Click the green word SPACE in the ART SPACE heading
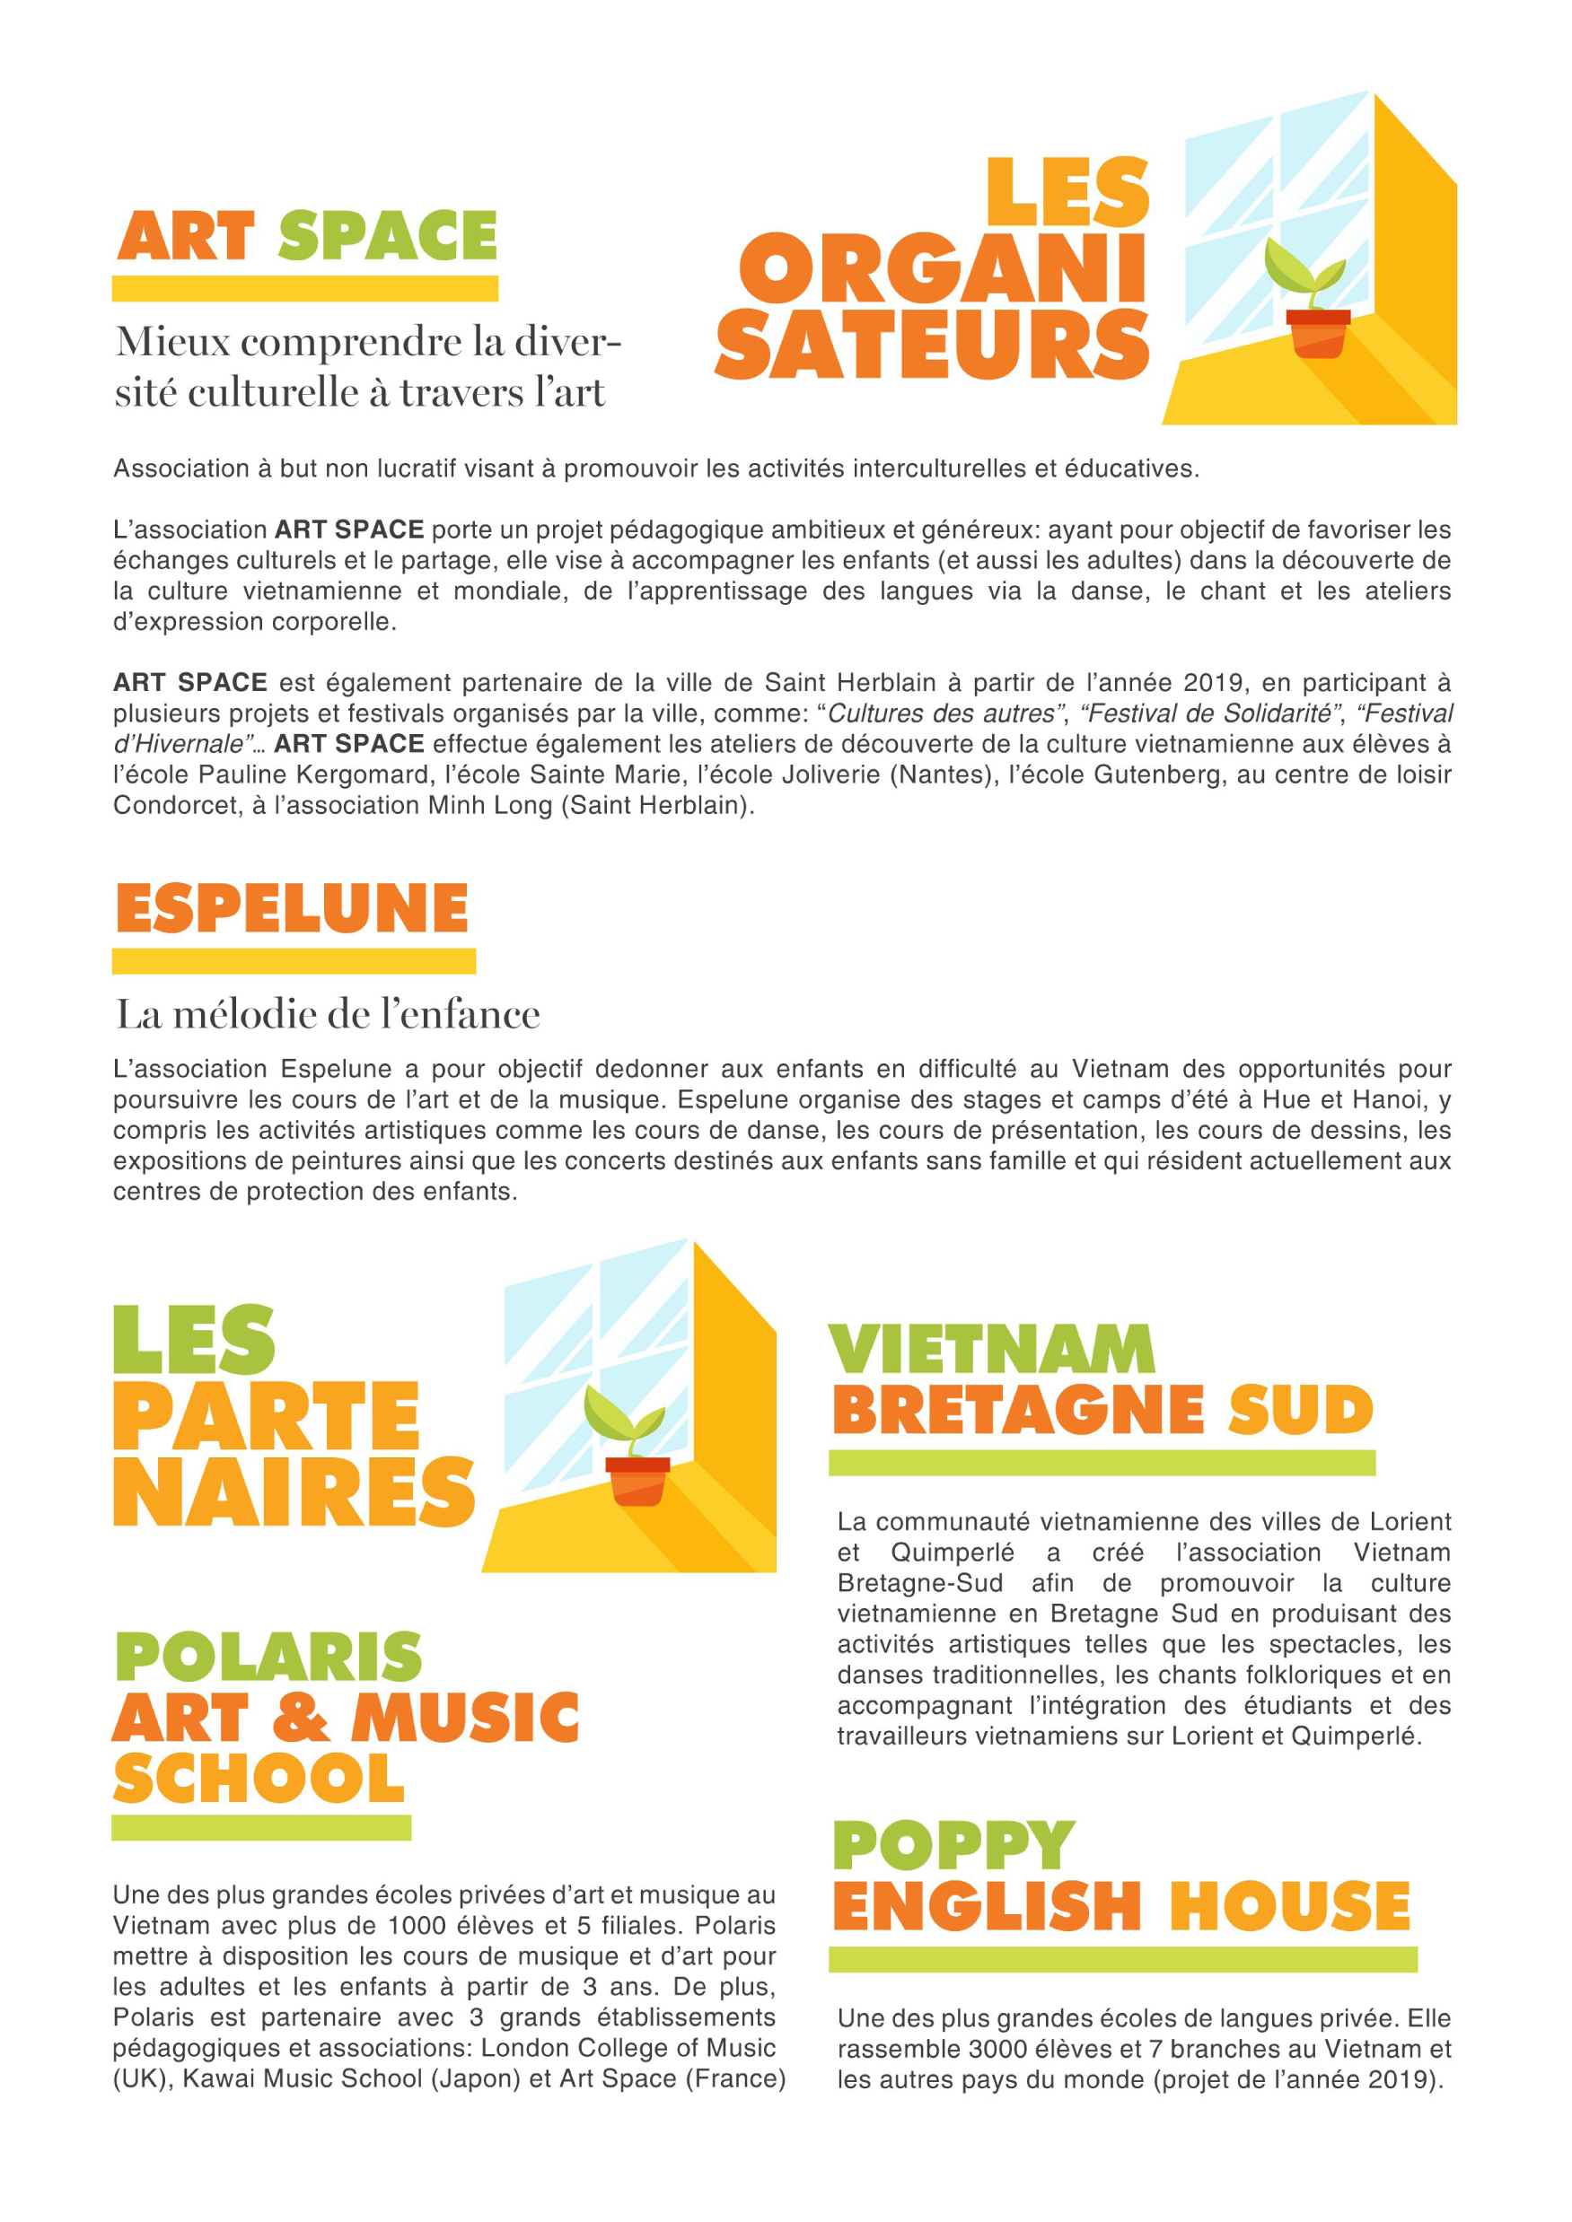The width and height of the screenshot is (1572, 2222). tap(387, 236)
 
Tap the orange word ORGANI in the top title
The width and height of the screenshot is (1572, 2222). tap(943, 269)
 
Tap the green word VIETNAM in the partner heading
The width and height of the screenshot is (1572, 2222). tap(992, 1349)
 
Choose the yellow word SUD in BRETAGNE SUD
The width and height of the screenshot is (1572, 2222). tap(1300, 1410)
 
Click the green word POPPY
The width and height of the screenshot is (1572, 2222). tap(953, 1846)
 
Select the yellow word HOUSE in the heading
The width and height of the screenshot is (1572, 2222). tap(1289, 1906)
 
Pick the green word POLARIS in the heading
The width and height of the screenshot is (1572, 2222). tap(268, 1657)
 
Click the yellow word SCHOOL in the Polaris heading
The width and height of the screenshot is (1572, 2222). tap(259, 1778)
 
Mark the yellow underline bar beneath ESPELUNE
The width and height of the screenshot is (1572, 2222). tap(294, 961)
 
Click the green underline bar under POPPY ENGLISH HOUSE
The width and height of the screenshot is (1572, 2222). tap(1123, 1959)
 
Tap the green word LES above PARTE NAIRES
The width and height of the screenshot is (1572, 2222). tap(195, 1341)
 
